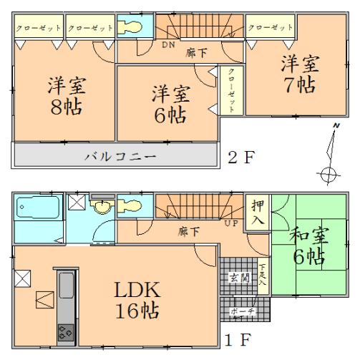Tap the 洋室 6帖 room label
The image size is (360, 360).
[x=170, y=103]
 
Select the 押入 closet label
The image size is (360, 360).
[x=257, y=211]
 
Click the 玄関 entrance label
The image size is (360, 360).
[x=238, y=277]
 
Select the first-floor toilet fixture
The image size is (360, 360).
[x=132, y=208]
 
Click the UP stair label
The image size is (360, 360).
[x=233, y=223]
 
